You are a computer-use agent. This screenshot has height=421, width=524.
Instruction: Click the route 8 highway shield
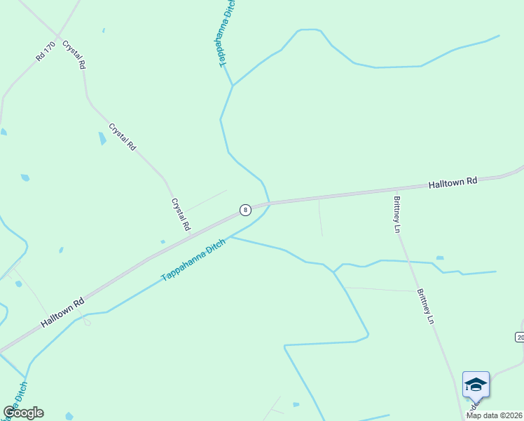pos(244,210)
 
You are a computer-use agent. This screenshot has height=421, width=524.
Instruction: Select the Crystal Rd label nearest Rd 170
pos(74,54)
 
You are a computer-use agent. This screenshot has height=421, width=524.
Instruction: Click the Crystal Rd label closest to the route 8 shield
pos(181,215)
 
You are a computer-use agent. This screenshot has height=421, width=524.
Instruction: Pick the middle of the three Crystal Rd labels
pos(122,137)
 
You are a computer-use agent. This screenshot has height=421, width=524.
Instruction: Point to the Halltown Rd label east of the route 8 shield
pos(453,182)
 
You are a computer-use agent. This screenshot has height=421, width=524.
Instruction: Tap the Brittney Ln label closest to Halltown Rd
pos(397,214)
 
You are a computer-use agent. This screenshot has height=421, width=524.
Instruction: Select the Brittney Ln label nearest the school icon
pos(426,307)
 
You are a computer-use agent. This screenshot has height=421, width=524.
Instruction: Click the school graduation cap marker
pos(476,385)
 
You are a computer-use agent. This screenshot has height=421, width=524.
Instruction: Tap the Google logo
pos(23,413)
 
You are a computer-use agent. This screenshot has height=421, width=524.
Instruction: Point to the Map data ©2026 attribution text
pos(494,415)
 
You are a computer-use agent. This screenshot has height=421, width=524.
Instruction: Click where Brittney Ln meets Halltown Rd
pos(396,190)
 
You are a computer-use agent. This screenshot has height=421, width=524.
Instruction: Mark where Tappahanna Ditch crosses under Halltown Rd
pos(268,203)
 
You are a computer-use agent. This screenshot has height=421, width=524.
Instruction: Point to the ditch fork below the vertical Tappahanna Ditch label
pos(232,86)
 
